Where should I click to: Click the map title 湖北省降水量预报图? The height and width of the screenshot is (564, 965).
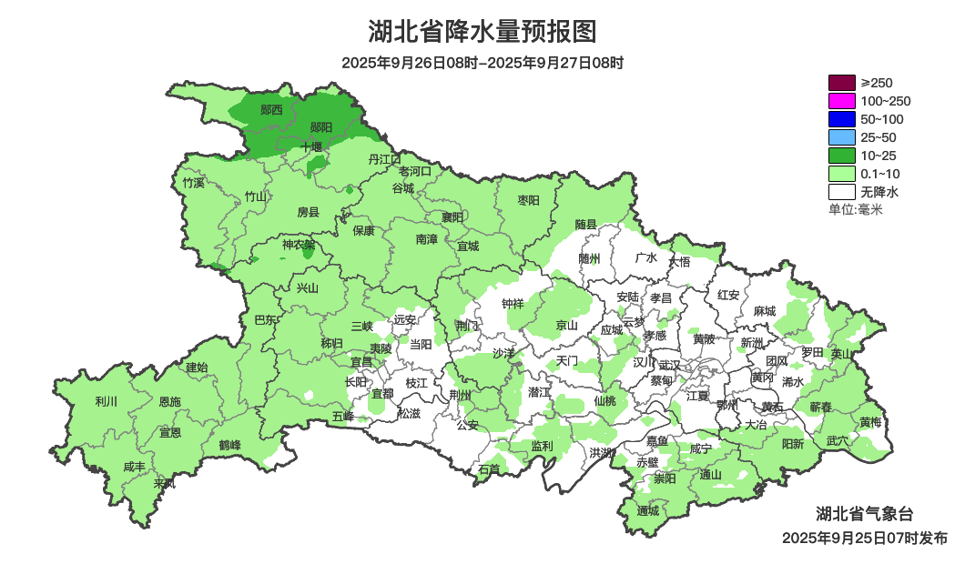click(482, 32)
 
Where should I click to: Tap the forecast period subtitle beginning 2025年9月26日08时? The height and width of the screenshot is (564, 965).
click(482, 63)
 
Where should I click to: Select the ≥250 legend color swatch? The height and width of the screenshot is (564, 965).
click(841, 83)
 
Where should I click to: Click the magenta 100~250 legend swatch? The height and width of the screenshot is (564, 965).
click(841, 101)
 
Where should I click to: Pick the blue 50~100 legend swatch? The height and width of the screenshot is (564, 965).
click(841, 119)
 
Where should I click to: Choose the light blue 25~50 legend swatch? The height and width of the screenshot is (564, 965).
click(841, 137)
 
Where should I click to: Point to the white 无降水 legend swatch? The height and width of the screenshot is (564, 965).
click(841, 192)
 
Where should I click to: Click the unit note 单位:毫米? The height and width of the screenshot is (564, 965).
click(855, 209)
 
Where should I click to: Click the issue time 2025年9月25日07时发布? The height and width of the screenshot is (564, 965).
click(864, 538)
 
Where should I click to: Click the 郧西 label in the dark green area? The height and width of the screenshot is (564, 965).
click(271, 110)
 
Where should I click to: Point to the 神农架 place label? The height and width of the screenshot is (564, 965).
click(299, 245)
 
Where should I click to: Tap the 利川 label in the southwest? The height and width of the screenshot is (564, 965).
click(106, 401)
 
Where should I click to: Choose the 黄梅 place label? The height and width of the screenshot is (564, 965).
click(869, 422)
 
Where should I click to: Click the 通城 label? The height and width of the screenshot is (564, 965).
click(647, 510)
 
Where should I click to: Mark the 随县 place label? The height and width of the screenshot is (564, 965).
click(585, 224)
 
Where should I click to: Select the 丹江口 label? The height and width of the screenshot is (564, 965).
click(384, 159)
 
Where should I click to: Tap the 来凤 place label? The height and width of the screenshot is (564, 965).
click(164, 482)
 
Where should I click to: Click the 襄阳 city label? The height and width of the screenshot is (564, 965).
click(452, 217)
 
